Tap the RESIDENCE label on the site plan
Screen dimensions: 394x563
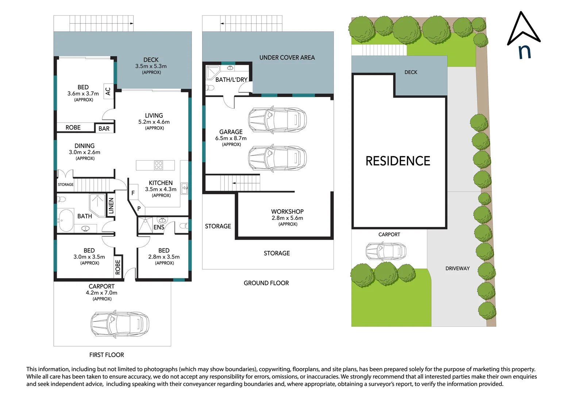pos(398,161)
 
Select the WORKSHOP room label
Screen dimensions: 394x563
pos(287,212)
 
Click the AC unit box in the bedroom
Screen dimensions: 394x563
pos(108,91)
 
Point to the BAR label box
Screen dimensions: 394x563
pos(104,128)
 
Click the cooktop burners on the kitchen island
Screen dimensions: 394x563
pos(158,165)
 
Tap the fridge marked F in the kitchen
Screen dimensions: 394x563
pos(133,193)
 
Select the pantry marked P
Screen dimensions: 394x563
pos(139,209)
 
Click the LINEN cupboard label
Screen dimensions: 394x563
pos(111,206)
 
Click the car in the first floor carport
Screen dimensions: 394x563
pos(120,324)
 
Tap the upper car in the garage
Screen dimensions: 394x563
pos(277,119)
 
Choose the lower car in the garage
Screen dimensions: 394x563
pos(277,158)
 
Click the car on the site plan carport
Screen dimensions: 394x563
pos(386,251)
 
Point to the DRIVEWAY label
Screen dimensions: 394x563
pos(457,269)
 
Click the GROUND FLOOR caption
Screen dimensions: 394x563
pos(266,283)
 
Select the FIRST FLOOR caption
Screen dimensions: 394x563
pos(107,355)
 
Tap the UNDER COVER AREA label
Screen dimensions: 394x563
pos(287,58)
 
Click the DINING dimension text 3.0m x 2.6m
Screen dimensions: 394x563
pos(85,152)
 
